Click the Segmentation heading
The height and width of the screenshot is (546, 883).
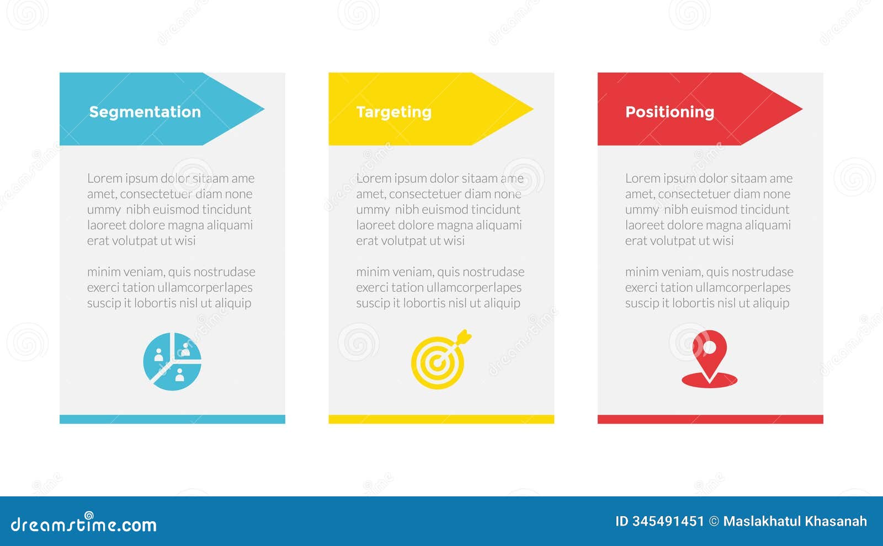click(145, 112)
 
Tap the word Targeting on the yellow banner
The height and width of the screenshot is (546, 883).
click(393, 112)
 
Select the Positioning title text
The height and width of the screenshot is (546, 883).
click(669, 112)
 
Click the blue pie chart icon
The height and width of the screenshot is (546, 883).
click(172, 361)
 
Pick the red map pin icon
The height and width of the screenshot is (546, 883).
click(709, 359)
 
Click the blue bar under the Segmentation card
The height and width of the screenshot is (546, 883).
click(172, 419)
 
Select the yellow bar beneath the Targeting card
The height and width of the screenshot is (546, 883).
click(441, 419)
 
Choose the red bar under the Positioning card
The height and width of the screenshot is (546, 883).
click(710, 419)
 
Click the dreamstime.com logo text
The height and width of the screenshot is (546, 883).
click(83, 524)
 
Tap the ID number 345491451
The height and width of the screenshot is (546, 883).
click(669, 521)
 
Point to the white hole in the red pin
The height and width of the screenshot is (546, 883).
click(710, 347)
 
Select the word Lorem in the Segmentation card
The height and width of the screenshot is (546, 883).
click(104, 178)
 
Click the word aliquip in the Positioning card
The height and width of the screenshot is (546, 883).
click(771, 303)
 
